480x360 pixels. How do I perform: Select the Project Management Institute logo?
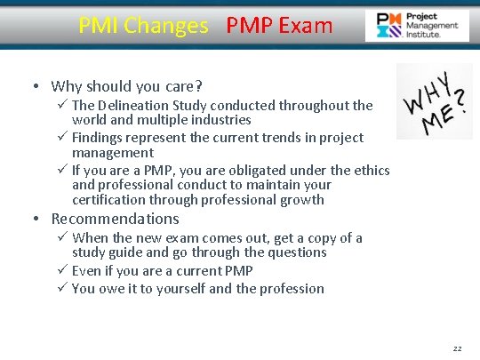tap(418, 26)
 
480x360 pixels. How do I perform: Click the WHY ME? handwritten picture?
tap(434, 101)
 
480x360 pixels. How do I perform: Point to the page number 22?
tap(457, 348)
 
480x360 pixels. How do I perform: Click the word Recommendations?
tap(115, 219)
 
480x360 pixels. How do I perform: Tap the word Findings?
tap(102, 138)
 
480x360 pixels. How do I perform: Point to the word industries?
tap(221, 119)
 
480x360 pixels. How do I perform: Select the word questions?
tap(298, 252)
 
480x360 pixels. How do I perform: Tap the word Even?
tap(87, 270)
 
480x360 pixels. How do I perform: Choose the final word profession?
tap(292, 288)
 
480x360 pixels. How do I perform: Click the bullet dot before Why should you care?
tap(35, 86)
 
